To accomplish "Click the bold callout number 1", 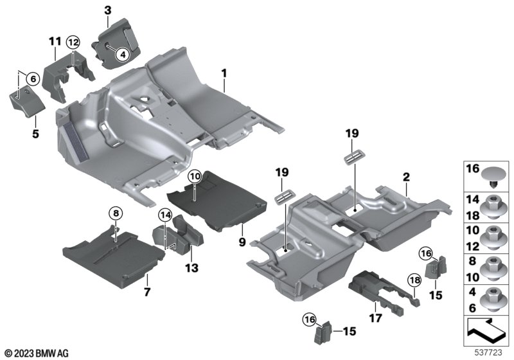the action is (x=224, y=73).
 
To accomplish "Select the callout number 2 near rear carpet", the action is (x=406, y=177).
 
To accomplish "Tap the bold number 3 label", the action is (x=108, y=10).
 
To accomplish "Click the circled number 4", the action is (x=123, y=55).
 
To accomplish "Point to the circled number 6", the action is (x=33, y=78).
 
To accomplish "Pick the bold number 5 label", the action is (x=35, y=134).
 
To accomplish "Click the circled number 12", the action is (x=73, y=42).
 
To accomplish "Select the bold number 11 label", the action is (x=55, y=42).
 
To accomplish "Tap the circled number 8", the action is (x=116, y=214).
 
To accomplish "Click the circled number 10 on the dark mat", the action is (x=195, y=177).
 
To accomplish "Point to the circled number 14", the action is (x=165, y=215).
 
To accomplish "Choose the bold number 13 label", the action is (x=191, y=268).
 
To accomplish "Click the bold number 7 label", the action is (x=147, y=291).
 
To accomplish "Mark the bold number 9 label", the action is (x=242, y=242).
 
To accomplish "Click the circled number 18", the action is (x=414, y=280).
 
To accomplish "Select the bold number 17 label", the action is (x=376, y=318).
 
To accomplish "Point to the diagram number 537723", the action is (x=488, y=352).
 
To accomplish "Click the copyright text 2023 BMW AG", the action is (x=37, y=354).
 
